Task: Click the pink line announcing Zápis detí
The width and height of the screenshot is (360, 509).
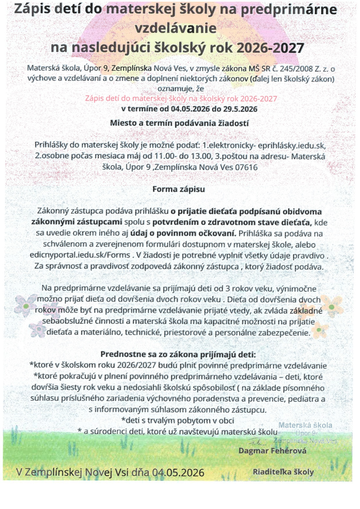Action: point(181,99)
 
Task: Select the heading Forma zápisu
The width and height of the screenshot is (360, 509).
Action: point(178,189)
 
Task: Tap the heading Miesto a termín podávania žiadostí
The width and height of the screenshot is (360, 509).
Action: point(179,123)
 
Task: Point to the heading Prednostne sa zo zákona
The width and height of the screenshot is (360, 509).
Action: point(178,354)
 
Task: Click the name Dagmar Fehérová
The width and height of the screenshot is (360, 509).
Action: point(272,451)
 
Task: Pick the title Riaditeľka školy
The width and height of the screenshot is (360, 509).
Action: point(283,472)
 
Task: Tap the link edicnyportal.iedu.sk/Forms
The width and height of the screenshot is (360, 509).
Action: point(80,255)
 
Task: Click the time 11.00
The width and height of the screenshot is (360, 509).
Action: point(164,156)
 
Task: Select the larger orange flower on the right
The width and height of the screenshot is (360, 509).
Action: point(331,306)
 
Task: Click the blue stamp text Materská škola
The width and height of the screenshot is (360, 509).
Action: point(305,425)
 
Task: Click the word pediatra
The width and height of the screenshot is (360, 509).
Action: point(303,399)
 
